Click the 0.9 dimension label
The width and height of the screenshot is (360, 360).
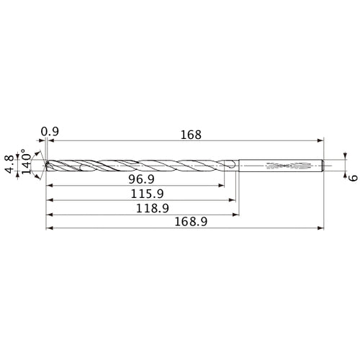[x=50, y=131]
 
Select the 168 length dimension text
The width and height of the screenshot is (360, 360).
[x=191, y=134]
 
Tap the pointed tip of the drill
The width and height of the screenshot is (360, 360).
[x=45, y=166]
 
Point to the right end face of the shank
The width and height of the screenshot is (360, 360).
[x=323, y=166]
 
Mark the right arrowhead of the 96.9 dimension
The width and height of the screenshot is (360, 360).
[x=222, y=185]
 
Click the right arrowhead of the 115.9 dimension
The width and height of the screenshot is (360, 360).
[x=233, y=199]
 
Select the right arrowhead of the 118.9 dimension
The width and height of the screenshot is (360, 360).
[x=237, y=214]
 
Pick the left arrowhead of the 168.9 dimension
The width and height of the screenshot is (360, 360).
[x=48, y=228]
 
